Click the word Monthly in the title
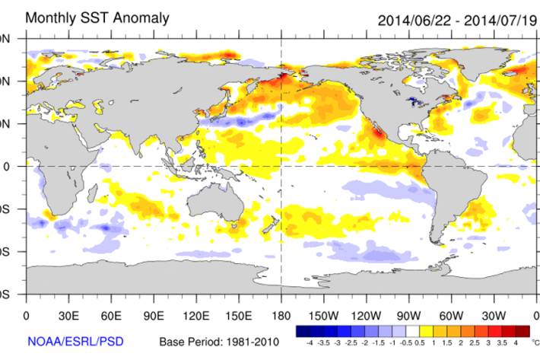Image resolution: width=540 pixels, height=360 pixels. coord(53,18)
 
